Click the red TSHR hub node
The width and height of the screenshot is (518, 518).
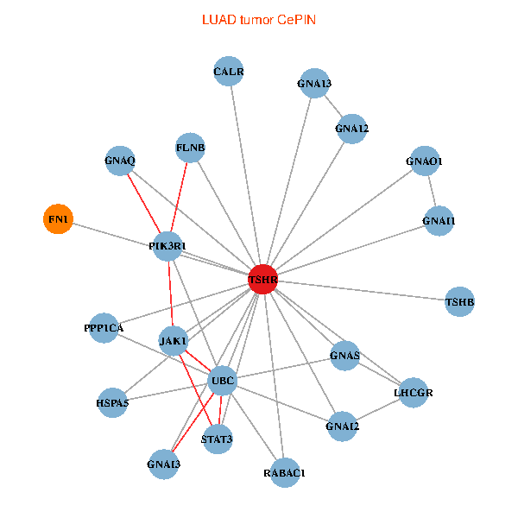262,279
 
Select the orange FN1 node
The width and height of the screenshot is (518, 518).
58,219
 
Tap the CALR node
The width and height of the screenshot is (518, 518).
229,72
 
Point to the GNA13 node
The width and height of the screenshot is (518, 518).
314,84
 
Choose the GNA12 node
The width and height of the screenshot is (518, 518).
352,129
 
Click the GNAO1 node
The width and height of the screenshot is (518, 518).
424,161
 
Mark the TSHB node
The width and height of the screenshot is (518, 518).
459,302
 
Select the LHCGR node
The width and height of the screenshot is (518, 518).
413,393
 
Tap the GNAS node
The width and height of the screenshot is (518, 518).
345,356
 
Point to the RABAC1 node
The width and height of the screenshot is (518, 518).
285,472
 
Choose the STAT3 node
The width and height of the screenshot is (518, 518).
217,439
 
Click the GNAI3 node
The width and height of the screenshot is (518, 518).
164,464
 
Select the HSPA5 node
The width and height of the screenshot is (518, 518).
112,402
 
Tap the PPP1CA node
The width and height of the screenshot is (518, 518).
104,328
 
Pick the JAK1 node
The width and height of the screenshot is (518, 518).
174,341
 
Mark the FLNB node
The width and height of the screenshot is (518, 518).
190,148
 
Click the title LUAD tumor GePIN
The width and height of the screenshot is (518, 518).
259,19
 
